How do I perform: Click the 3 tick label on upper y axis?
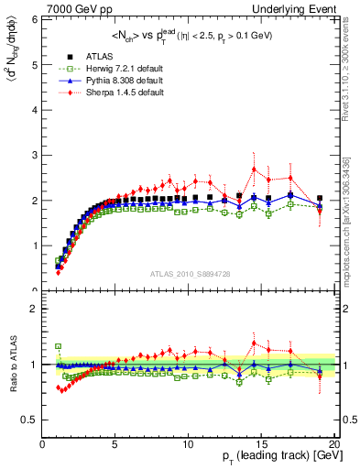point(35,155)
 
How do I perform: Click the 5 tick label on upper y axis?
point(35,65)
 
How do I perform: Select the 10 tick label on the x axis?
point(187,443)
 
